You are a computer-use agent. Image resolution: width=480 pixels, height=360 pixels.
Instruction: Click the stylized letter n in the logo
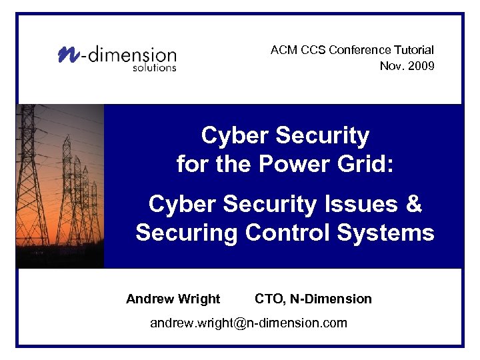point(67,54)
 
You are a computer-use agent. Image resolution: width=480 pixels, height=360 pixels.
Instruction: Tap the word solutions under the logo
point(154,67)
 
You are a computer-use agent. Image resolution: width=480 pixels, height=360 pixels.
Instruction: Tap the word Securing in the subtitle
point(187,233)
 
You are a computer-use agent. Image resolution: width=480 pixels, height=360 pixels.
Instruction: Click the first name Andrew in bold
point(149,299)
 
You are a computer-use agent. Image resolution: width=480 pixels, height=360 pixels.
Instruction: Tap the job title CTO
point(268,299)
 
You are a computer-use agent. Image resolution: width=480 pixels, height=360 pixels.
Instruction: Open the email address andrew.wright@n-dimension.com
point(249,323)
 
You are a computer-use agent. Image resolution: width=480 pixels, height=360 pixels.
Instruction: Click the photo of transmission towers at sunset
point(60,186)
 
